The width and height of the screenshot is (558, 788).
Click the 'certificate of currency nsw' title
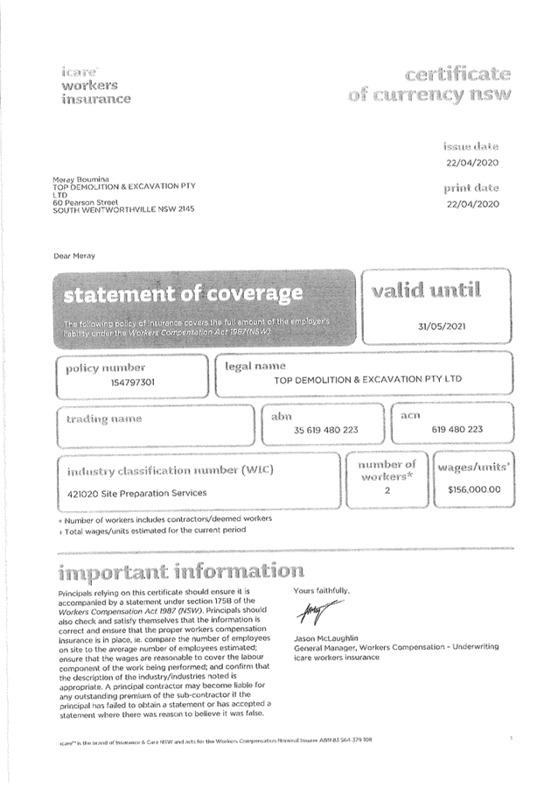click(429, 82)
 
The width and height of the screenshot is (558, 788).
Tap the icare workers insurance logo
click(95, 84)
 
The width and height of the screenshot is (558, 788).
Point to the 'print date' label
click(471, 187)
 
